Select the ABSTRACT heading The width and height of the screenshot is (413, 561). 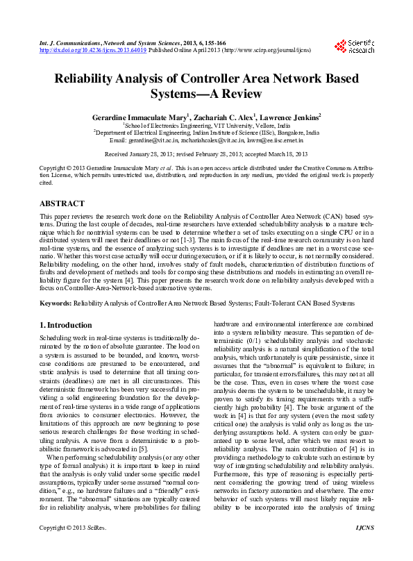pyautogui.click(x=62, y=203)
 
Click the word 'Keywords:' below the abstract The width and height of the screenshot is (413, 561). pyautogui.click(x=56, y=303)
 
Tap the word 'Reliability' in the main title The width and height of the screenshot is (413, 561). pyautogui.click(x=91, y=80)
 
